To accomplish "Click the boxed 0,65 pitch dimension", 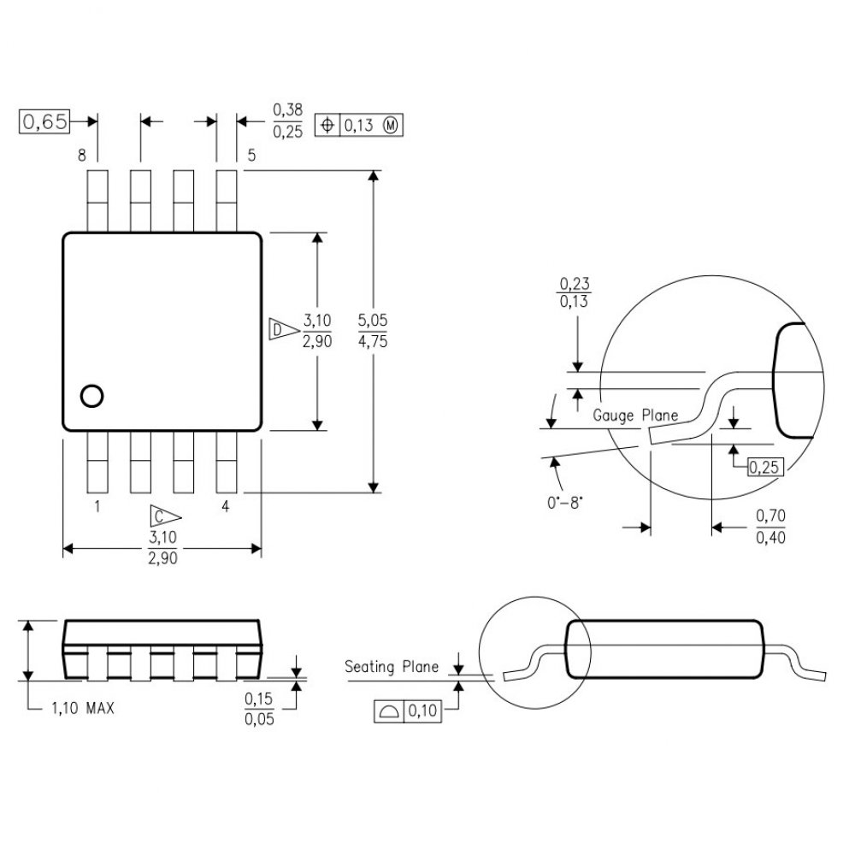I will (x=43, y=122).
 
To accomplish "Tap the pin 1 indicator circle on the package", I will (x=91, y=395).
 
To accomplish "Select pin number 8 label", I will (x=82, y=156).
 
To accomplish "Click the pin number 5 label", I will (x=251, y=156).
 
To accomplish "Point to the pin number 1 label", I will (x=97, y=506).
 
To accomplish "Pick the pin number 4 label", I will (x=226, y=506).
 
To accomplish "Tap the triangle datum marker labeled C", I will (x=164, y=516).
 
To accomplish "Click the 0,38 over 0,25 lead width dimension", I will (x=287, y=121).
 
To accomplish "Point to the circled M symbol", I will (x=391, y=126).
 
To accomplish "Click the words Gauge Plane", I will (x=635, y=416).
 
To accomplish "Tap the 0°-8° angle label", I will (x=564, y=503).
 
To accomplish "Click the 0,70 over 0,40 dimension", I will (x=770, y=527).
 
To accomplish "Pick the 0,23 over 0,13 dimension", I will (x=575, y=292).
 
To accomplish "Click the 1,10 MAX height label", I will (x=82, y=709).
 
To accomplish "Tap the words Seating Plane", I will (x=392, y=667).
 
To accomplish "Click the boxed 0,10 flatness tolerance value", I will (x=423, y=710).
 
